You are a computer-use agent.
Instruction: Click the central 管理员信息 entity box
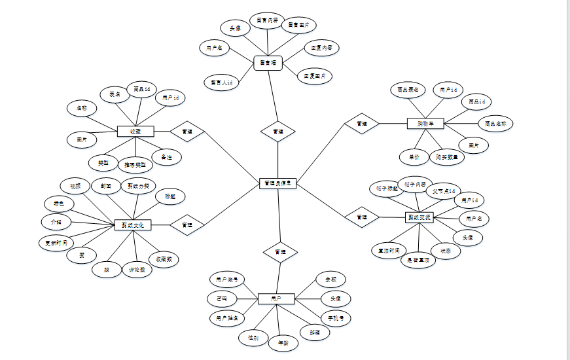(x=278, y=184)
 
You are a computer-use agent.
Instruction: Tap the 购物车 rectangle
(x=430, y=122)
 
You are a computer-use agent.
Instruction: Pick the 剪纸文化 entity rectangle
(x=133, y=225)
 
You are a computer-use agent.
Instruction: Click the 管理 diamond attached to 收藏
(x=187, y=131)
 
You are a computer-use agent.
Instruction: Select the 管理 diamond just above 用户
(x=280, y=251)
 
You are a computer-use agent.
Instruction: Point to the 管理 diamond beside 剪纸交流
(x=362, y=217)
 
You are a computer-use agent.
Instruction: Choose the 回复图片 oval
(x=315, y=76)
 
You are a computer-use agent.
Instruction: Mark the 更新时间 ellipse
(x=56, y=242)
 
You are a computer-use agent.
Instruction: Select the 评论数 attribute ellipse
(x=137, y=268)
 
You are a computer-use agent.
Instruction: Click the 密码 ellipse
(x=223, y=298)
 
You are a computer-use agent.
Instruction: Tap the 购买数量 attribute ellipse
(x=448, y=157)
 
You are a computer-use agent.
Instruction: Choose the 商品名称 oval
(x=495, y=122)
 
